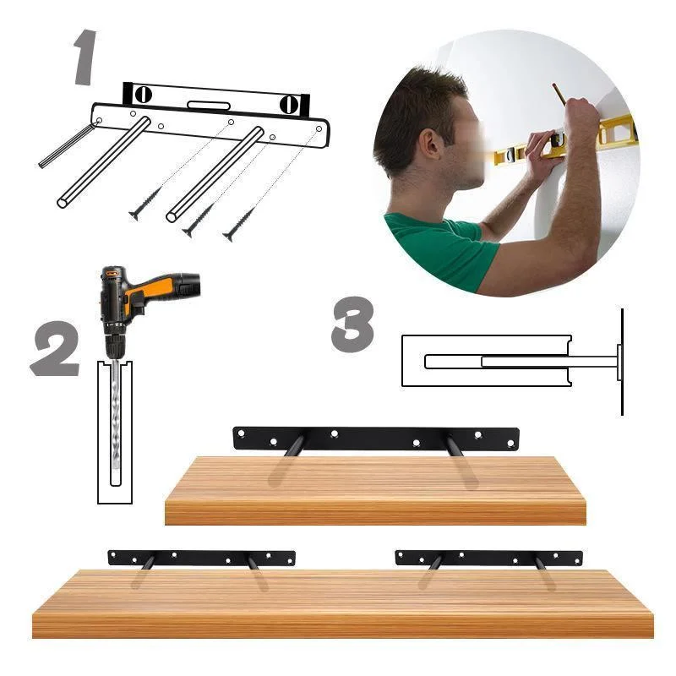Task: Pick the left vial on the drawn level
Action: pos(143,95)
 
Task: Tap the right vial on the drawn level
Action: pos(290,104)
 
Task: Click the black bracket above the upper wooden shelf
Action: pos(375,438)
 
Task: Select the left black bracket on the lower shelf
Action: pos(201,558)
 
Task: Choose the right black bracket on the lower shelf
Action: pos(488,558)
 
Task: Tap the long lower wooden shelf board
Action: pos(342,603)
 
